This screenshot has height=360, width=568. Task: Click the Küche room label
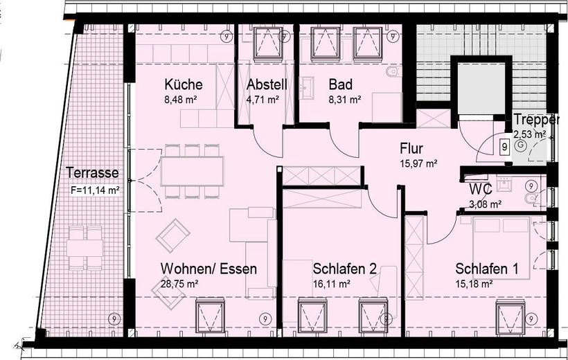pos(184,84)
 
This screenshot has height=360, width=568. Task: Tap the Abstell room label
pos(263,84)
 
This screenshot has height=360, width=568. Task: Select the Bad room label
pos(341,84)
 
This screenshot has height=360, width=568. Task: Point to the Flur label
pos(411,148)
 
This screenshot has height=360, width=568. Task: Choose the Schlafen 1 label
pos(488,269)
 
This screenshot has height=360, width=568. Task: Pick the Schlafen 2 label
pos(345,269)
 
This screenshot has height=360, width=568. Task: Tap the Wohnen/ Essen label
pos(208,269)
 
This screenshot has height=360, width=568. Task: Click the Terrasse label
pos(93,173)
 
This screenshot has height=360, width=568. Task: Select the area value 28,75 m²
pos(179,283)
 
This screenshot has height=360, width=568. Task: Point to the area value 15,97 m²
pos(418,163)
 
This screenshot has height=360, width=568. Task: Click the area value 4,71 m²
pos(263,100)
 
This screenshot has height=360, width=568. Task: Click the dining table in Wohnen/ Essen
pos(192,170)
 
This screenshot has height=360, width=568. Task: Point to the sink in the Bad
pos(308,87)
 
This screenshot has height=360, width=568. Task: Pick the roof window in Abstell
pos(265,43)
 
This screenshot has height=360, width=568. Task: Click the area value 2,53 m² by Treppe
pos(530,134)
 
